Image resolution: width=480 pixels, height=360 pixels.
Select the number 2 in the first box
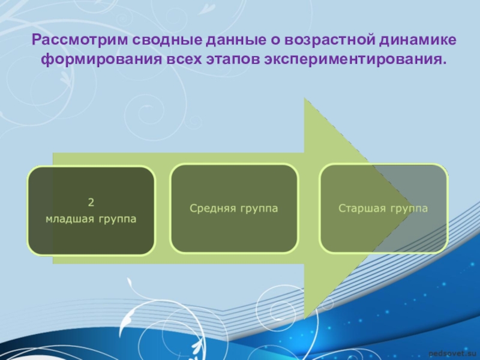click(x=91, y=202)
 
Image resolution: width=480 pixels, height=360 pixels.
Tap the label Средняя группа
click(x=233, y=208)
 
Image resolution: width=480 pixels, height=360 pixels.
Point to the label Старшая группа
click(x=383, y=208)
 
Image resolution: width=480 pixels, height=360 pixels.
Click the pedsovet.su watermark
click(x=454, y=355)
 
